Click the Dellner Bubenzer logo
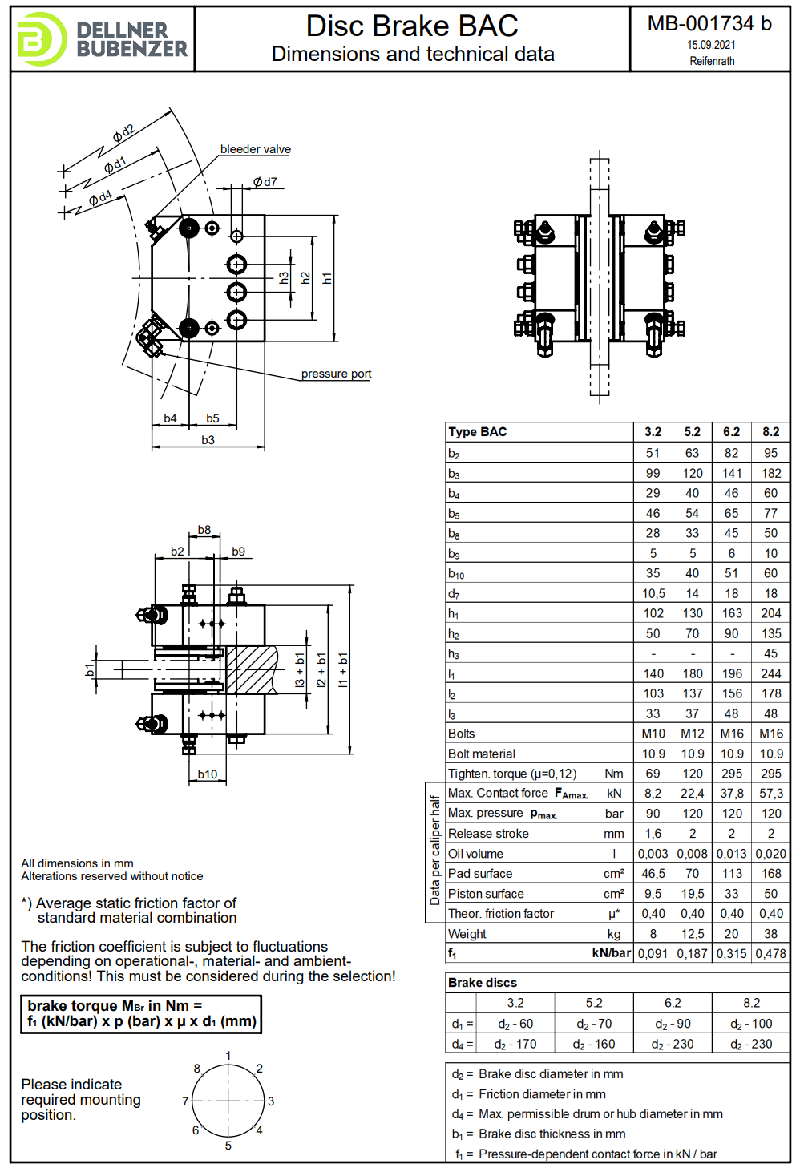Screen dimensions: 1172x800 pos(102,38)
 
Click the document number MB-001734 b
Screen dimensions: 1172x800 pos(709,24)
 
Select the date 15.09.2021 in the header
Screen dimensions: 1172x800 pos(711,46)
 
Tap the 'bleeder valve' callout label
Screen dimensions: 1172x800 pos(255,149)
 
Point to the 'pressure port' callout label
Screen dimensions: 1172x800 pos(336,374)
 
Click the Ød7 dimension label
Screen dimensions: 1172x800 pos(265,182)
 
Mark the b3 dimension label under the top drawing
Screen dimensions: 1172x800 pos(208,440)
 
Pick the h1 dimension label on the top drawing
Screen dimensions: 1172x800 pos(327,278)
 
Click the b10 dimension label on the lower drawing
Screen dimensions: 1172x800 pos(208,774)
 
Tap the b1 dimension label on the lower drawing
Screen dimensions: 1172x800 pos(90,669)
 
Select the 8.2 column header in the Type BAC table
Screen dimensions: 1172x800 pos(770,432)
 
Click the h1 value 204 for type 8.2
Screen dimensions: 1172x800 pos(770,613)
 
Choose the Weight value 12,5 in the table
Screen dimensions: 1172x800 pos(692,934)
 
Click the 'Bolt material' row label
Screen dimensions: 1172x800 pos(482,754)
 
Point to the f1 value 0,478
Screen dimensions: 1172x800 pos(770,954)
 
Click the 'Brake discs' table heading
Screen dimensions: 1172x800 pos(483,983)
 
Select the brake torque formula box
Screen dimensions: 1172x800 pos(141,1014)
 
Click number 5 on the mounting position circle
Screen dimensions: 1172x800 pos(228,1146)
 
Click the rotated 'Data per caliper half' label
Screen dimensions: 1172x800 pos(434,851)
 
